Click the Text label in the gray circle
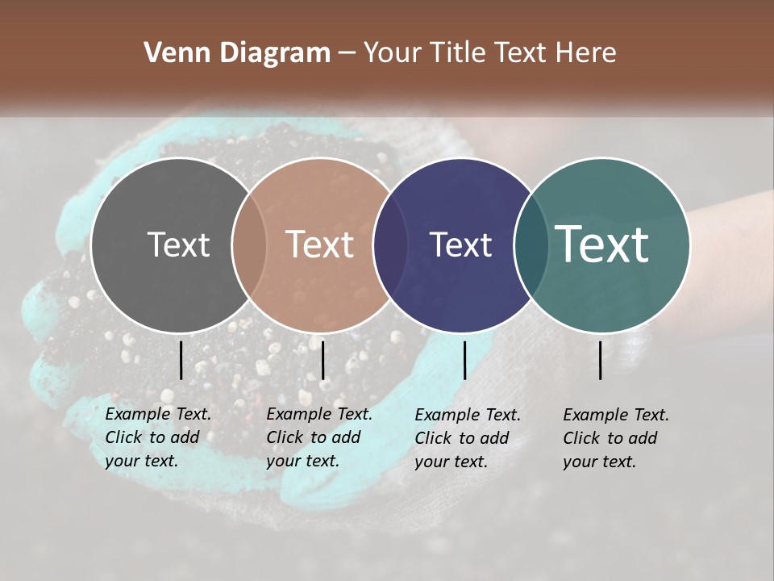point(178,245)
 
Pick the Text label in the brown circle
point(320,245)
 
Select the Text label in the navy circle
point(460,245)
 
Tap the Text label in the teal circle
point(602,245)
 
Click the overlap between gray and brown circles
point(249,245)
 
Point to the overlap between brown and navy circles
point(390,245)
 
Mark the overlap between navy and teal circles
point(531,245)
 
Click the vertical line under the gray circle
point(181,360)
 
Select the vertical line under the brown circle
point(322,360)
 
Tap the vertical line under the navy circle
point(464,360)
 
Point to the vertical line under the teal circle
point(601,360)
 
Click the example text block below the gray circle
point(158,437)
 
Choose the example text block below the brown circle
point(319,437)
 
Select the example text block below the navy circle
point(468,438)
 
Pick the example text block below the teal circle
point(616,438)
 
